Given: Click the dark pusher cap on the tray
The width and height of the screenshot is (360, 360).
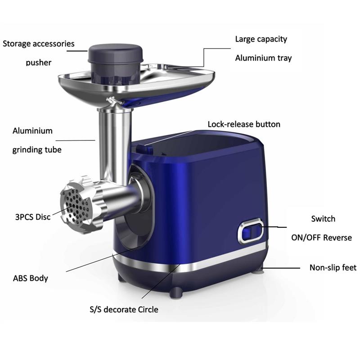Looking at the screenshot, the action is coord(116,54).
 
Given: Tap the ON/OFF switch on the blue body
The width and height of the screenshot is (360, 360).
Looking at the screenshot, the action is coord(251,231).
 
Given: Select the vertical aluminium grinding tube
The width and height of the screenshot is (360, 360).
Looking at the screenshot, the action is coord(115,144).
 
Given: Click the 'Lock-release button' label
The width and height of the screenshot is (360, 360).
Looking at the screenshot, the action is coord(244,124).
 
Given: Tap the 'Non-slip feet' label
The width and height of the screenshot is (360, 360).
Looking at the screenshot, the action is coord(333,267).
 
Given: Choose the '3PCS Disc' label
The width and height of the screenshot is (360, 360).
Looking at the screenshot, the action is coord(33,217).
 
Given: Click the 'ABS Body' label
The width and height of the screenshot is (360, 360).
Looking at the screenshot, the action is coord(31,278).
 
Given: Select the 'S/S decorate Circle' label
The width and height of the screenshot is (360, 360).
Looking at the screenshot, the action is coord(124,310).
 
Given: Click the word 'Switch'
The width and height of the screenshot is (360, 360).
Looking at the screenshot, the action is coord(323,219).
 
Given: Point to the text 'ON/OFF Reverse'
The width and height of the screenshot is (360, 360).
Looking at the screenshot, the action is coord(321,238).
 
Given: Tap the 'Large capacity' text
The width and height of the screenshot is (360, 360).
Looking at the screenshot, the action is coord(261,39).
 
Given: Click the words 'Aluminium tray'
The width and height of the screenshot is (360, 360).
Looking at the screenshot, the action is coord(263,58).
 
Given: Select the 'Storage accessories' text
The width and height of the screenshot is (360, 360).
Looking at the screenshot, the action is coord(39,44).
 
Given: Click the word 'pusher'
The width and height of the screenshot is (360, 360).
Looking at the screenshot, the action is coord(39,63).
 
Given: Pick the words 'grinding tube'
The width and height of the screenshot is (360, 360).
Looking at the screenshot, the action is coord(37,150).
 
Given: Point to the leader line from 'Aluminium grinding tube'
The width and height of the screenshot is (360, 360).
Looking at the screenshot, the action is coord(75,140).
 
